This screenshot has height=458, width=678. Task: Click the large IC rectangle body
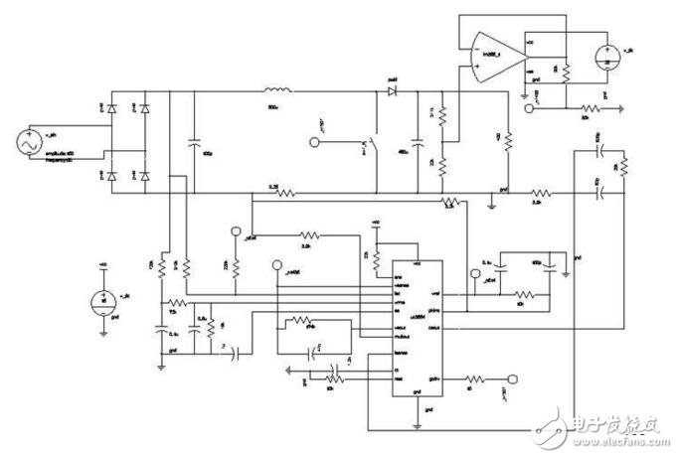[416, 329]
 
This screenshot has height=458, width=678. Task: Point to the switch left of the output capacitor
[371, 145]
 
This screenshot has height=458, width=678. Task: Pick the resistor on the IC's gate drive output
[475, 378]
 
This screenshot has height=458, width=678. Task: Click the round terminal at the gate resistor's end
[514, 378]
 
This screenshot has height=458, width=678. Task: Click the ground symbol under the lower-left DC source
[103, 329]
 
